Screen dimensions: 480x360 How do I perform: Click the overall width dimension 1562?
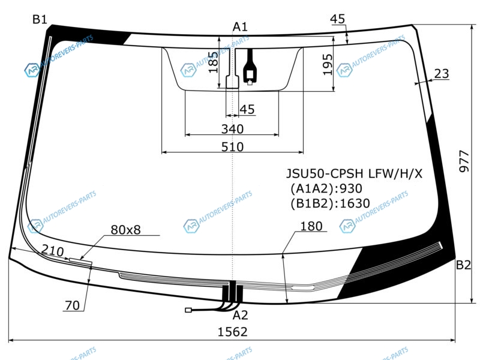coord(232,332)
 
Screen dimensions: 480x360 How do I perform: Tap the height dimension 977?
coord(464,161)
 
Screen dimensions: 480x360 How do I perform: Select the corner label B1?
coord(40,20)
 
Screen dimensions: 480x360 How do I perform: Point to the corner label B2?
coord(463,265)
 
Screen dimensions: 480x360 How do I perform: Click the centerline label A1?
coord(240,27)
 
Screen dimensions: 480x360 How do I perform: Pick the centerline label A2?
coord(240,315)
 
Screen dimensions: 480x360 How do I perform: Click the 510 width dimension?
coord(232,147)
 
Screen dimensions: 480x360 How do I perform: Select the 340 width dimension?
coord(232,129)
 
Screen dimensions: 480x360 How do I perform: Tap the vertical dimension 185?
coord(214,62)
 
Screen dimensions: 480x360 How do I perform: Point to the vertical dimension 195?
coord(327,65)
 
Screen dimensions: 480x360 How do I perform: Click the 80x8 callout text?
coord(125,230)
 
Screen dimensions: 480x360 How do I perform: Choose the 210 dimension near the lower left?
coord(53,251)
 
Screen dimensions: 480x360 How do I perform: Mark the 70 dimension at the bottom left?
coord(72,305)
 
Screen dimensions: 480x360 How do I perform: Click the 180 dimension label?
coord(311,226)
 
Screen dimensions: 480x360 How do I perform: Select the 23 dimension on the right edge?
coord(442,73)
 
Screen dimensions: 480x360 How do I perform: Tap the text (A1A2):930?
coord(326,188)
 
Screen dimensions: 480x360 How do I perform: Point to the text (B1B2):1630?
coord(331,203)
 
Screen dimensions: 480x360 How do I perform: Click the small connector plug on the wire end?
coord(188,310)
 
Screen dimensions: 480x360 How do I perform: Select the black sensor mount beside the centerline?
coord(250,67)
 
